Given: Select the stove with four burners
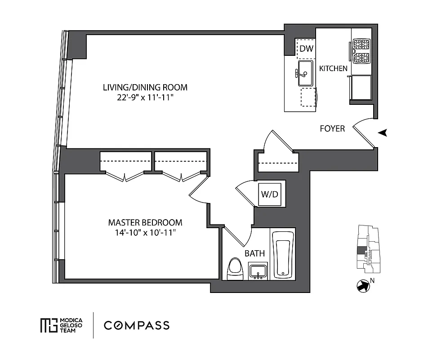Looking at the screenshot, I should pos(361,51).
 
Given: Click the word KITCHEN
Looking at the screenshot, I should pos(333,68).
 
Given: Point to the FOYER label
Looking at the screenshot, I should pos(332,129).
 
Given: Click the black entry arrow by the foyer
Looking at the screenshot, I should pos(383,132).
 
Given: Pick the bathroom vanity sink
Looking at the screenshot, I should pos(258,271).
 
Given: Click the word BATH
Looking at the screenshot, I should pos(254,254).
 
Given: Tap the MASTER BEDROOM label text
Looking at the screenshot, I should pos(145,222).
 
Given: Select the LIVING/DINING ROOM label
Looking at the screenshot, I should pos(145,87).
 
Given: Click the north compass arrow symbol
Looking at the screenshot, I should pos(361,286).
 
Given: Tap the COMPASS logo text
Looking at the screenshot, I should pos(137,325).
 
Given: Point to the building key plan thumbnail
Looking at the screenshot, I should pos(368,250).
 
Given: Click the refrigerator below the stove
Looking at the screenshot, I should pos(361,87).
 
